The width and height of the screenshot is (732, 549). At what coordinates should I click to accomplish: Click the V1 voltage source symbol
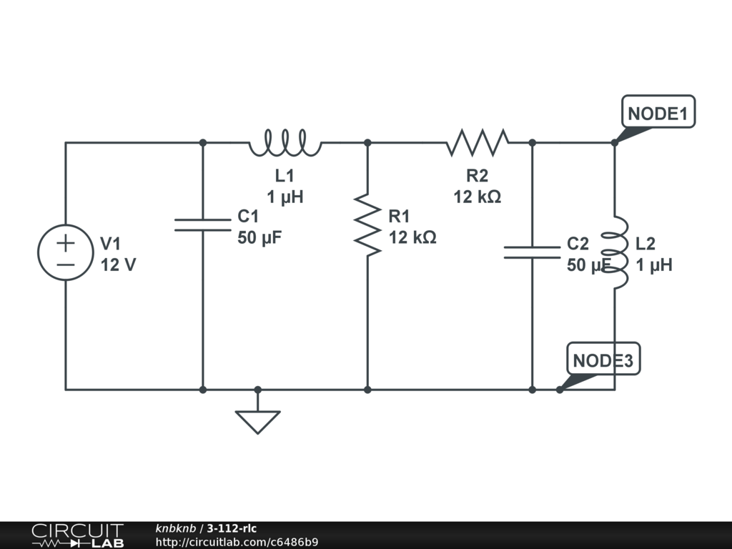(x=65, y=252)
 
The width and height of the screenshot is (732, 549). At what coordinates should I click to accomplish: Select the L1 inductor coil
(x=285, y=143)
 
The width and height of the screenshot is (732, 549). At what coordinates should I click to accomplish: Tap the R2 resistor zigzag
(x=478, y=142)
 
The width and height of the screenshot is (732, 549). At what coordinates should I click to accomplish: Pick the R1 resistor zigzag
(x=368, y=225)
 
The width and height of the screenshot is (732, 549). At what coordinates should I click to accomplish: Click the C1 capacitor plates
(x=202, y=225)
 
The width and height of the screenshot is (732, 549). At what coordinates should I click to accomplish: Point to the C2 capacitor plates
(x=532, y=252)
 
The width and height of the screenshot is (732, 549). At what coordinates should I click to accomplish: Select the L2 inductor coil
(x=615, y=252)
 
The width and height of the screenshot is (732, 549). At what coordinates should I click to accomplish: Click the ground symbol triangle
(x=257, y=422)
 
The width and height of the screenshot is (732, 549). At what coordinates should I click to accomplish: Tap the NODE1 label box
(x=658, y=112)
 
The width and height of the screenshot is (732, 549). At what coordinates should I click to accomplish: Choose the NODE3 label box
(x=603, y=359)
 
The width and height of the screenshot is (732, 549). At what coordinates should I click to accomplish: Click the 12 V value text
(x=118, y=265)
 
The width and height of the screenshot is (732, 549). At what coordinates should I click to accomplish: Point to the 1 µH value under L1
(x=285, y=197)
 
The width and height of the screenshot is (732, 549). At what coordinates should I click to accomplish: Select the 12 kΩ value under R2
(x=478, y=197)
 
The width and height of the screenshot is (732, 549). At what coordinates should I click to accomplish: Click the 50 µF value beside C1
(x=259, y=237)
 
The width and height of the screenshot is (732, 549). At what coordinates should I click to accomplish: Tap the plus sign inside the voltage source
(x=66, y=243)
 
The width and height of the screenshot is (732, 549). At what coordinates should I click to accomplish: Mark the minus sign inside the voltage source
(x=66, y=265)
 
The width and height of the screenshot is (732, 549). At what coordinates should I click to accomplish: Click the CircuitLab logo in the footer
(x=77, y=535)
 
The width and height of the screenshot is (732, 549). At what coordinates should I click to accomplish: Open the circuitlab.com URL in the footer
(x=237, y=542)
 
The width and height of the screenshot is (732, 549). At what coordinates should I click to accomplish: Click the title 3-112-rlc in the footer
(x=232, y=528)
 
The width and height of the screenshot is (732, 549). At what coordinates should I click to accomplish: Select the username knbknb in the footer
(x=176, y=528)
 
